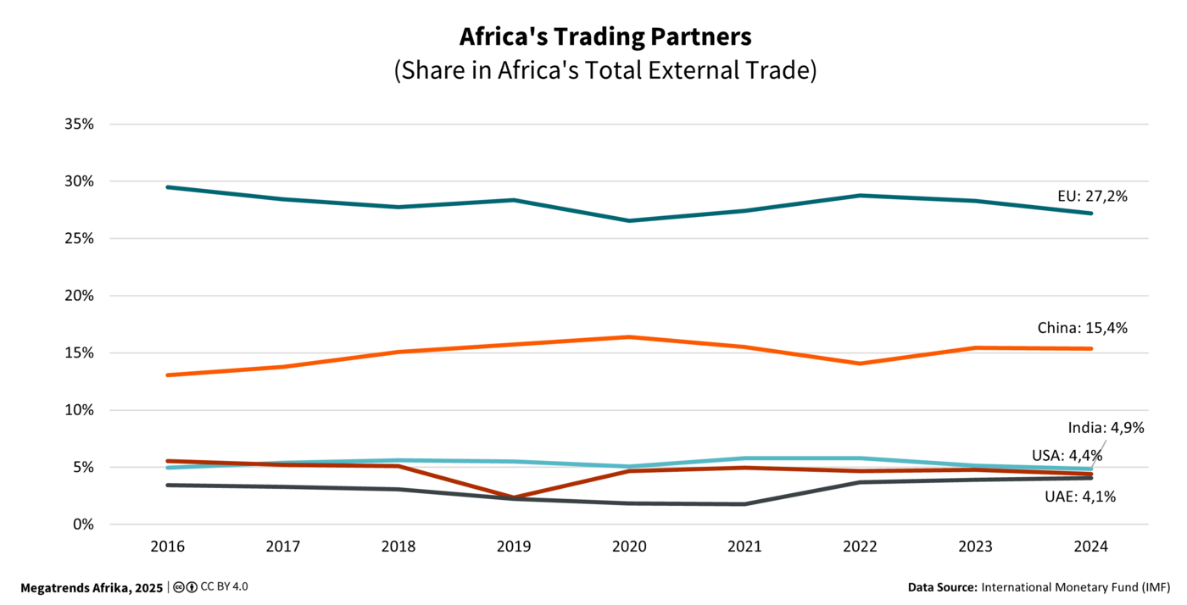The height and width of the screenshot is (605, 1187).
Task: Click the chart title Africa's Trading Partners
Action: pos(605,37)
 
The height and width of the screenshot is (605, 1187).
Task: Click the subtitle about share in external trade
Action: pos(605,70)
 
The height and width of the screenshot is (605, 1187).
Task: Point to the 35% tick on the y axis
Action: pos(78,124)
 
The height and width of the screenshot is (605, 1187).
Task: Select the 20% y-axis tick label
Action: pos(78,296)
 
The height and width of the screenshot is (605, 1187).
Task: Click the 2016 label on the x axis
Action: pos(167,547)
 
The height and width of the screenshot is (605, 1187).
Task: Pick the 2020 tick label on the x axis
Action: pos(628,547)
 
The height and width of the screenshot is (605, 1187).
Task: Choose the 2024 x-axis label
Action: pos(1090,547)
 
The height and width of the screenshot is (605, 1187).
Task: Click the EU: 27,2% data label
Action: pos(1092,197)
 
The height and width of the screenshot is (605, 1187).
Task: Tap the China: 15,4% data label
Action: pos(1082,328)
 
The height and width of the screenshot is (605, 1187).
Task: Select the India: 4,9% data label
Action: pos(1106,428)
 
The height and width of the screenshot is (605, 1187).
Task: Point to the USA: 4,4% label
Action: pos(1067,456)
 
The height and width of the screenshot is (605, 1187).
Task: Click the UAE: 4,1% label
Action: pos(1079,497)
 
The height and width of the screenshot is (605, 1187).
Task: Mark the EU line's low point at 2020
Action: pos(629,220)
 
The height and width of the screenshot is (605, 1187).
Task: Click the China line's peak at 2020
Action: pos(629,336)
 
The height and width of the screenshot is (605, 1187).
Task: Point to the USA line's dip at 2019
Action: pos(514,497)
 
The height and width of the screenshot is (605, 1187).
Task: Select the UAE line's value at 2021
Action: pos(744,504)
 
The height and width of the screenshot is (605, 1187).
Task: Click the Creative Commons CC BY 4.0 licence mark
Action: pos(210,586)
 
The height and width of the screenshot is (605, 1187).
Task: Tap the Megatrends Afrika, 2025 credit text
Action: pos(92,587)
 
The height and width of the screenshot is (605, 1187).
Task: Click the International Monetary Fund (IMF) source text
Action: pos(1075,587)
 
